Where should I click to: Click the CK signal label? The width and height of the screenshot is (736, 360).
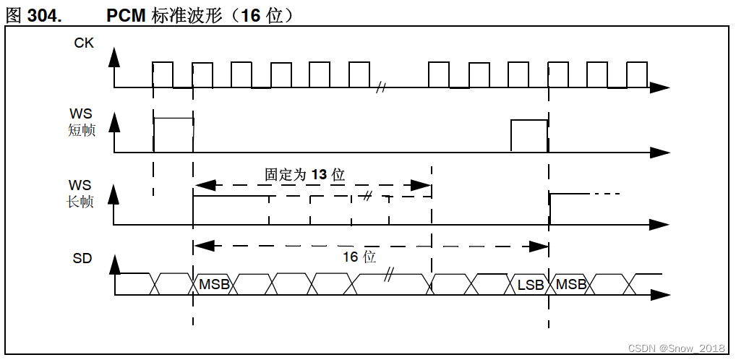click(x=84, y=43)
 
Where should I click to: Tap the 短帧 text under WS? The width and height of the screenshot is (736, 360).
click(x=82, y=131)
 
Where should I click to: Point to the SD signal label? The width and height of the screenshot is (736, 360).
click(x=82, y=258)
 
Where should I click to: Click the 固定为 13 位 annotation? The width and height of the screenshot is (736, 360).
click(x=304, y=174)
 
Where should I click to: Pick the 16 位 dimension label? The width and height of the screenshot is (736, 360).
click(x=359, y=257)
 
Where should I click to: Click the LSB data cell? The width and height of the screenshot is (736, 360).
click(x=531, y=285)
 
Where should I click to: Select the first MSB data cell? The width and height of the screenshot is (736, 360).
click(x=214, y=285)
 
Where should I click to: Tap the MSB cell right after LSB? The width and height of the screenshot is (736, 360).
click(x=571, y=285)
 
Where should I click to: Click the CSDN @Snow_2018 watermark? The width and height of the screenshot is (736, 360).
click(x=677, y=348)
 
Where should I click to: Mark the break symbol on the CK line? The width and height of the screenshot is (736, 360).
click(x=381, y=88)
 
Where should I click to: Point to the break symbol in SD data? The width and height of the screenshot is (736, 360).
click(x=390, y=275)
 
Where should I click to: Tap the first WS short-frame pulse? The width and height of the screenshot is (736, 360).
click(x=174, y=134)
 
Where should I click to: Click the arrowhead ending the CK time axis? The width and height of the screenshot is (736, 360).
click(x=659, y=88)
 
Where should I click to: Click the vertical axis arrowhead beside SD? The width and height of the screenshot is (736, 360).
click(x=114, y=265)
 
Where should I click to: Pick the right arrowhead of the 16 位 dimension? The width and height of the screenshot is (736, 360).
click(x=539, y=247)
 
